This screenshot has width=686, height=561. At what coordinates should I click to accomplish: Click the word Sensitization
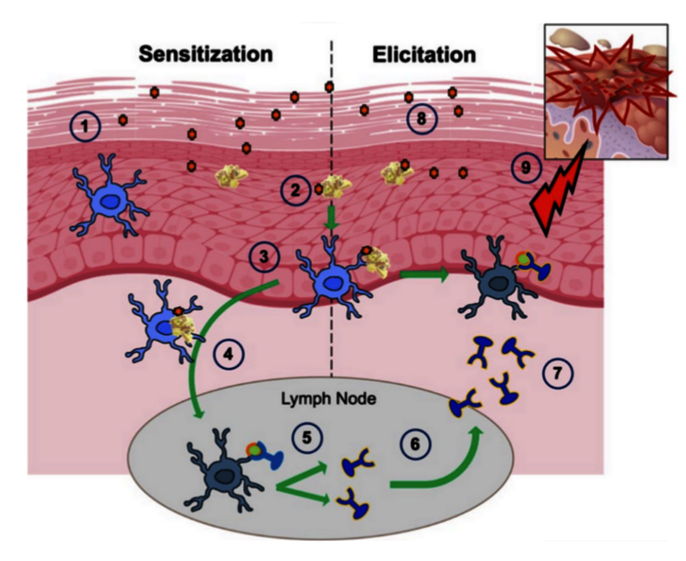(206, 54)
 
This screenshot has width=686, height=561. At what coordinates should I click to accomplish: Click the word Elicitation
(424, 55)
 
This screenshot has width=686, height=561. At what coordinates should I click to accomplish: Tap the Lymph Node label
(329, 399)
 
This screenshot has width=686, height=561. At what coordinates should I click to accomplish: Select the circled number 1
(85, 127)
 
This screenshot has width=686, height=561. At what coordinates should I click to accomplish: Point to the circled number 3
(264, 257)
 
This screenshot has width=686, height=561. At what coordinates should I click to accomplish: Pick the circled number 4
(229, 354)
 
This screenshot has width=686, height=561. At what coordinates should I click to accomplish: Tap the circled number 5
(307, 438)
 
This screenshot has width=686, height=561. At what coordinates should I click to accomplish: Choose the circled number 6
(415, 445)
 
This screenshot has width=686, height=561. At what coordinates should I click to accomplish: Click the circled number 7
(557, 374)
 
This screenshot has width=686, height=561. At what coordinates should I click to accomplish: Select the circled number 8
(422, 119)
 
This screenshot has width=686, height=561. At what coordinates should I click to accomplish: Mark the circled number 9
(526, 168)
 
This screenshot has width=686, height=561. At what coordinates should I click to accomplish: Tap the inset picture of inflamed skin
(606, 92)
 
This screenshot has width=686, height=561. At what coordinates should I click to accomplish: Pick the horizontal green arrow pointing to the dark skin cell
(424, 274)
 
